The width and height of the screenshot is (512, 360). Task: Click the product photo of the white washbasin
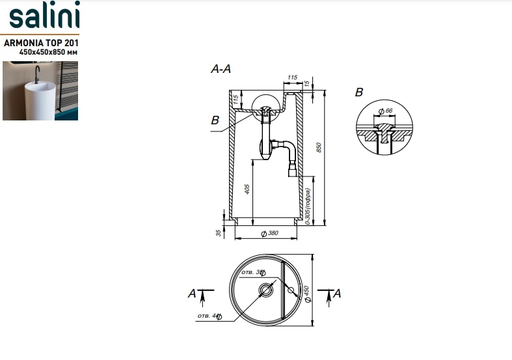(x=40, y=90)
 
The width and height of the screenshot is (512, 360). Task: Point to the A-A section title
(x=221, y=70)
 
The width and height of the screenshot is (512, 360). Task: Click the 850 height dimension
(x=319, y=148)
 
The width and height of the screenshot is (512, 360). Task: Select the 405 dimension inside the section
(x=248, y=190)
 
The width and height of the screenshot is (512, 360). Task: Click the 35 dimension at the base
(x=219, y=232)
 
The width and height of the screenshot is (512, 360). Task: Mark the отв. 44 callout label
(x=209, y=316)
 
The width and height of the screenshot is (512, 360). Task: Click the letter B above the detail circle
(x=358, y=92)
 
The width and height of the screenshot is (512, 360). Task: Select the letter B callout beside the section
(x=215, y=120)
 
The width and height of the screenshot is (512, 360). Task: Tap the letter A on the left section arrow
(x=192, y=294)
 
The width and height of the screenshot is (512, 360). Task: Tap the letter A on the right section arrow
(x=337, y=294)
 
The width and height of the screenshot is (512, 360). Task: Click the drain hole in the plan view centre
(x=266, y=290)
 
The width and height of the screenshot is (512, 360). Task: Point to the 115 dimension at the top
(x=291, y=78)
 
